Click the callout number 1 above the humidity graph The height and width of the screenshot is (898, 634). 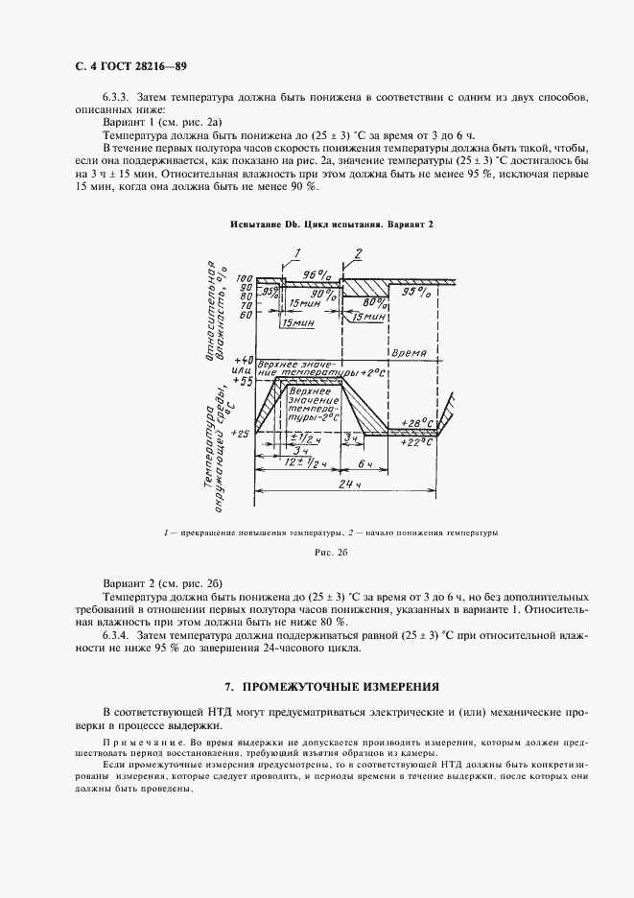pos(298,254)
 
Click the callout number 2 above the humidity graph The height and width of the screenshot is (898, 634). pos(358,254)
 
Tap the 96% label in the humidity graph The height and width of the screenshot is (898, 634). pos(316,274)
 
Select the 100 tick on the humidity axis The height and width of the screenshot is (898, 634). pos(245,279)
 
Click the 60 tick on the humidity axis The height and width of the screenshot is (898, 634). pos(247,315)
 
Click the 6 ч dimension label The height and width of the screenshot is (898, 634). pos(364,463)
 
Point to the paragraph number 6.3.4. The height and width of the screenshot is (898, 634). pos(116,633)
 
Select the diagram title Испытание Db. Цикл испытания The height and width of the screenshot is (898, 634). pos(332,224)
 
